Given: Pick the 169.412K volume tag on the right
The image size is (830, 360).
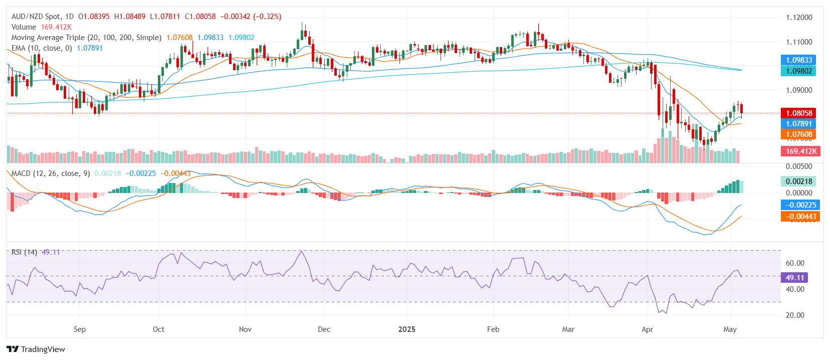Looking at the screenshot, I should (800, 151).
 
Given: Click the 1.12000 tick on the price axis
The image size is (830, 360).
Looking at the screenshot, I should (799, 18).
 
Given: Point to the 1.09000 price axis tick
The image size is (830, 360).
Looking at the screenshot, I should (799, 90).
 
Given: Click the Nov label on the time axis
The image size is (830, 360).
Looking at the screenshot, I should (245, 329).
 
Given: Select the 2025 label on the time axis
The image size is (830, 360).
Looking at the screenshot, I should (406, 329).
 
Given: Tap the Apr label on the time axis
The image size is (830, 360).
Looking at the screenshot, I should (647, 329).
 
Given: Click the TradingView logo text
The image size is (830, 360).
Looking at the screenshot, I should (43, 349).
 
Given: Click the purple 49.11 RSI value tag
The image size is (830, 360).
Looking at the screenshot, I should (794, 277).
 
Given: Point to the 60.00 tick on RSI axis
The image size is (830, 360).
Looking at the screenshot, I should (795, 263).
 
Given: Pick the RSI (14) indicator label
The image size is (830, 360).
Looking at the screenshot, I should (24, 252).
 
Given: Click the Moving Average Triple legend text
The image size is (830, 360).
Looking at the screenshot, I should (86, 38).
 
